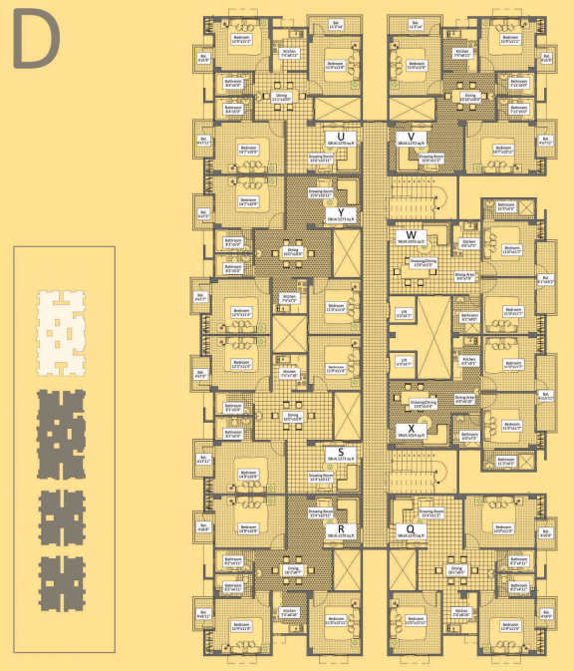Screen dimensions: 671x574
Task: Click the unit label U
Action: point(342,137)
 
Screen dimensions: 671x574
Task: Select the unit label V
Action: point(410,137)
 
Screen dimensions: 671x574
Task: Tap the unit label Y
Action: point(342,212)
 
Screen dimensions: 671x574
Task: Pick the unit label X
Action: point(410,429)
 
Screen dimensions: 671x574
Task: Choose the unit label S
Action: point(342,452)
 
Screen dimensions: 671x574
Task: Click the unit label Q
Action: point(410,528)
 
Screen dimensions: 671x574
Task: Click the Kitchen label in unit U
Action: point(289,51)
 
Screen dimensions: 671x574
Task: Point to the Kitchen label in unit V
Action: point(461,51)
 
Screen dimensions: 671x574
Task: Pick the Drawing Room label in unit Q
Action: point(430,512)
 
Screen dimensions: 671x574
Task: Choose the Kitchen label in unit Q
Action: point(461,612)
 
